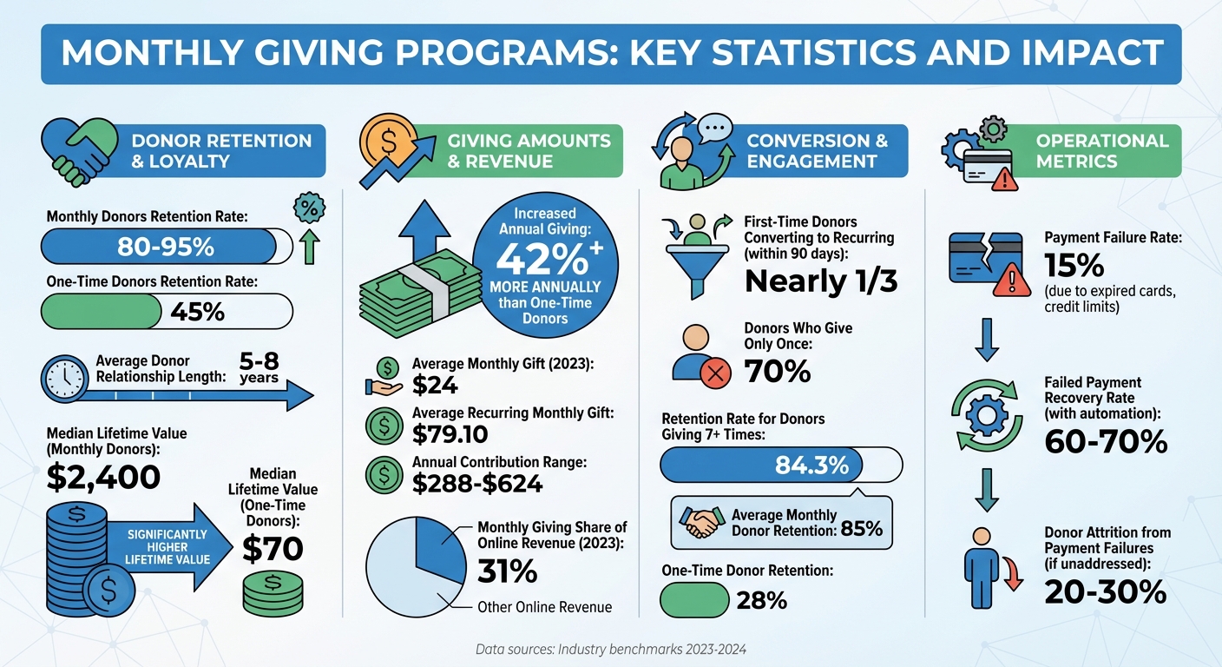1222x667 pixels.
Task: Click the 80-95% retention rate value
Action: click(165, 247)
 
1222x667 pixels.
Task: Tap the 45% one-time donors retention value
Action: click(198, 311)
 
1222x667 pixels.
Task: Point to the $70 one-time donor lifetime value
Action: click(273, 549)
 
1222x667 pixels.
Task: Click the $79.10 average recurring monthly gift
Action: click(450, 433)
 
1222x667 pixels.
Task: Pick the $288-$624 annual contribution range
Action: click(477, 483)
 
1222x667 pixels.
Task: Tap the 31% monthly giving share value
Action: click(507, 571)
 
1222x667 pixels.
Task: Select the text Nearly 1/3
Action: click(818, 281)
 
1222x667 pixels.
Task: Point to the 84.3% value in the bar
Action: click(811, 465)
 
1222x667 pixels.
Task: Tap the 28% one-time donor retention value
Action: click(761, 600)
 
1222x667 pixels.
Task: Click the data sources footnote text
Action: click(610, 649)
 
